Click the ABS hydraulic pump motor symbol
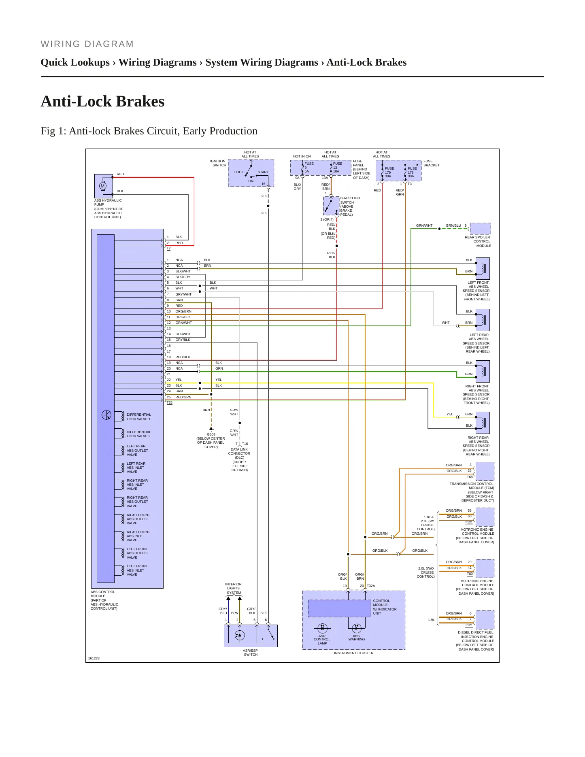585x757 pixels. coord(102,186)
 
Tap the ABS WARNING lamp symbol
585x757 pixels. coord(357,628)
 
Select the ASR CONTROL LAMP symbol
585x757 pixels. coord(322,628)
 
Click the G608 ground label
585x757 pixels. coord(211,434)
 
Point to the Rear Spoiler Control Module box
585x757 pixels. coord(481,229)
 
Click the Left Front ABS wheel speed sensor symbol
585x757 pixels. coord(483,268)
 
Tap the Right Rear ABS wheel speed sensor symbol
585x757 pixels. coord(483,423)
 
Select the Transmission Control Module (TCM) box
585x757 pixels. coord(485,471)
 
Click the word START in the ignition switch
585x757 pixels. coord(263,172)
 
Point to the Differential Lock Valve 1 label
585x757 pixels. coord(138,417)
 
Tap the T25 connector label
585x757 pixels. coord(170,402)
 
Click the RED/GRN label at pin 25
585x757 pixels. coord(183,397)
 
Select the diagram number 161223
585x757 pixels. coord(94,658)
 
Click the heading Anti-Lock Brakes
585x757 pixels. coord(103,101)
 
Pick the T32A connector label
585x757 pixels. coord(371,586)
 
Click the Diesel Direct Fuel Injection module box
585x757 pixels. coord(485,620)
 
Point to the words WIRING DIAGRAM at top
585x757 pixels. coord(87,44)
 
